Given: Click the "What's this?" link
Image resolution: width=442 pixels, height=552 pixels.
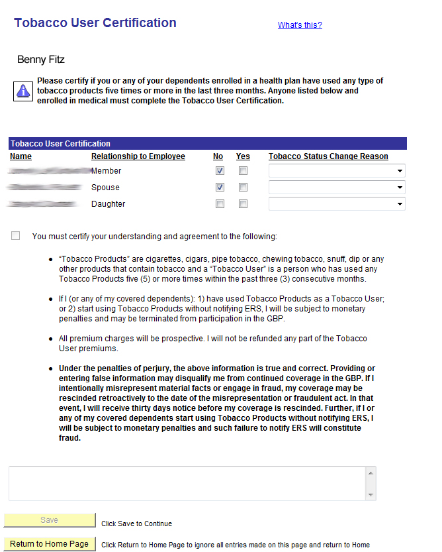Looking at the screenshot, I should (300, 25).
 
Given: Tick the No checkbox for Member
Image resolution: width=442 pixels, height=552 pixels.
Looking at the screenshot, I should (220, 171).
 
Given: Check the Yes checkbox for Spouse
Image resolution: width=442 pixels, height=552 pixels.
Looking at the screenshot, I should (243, 188).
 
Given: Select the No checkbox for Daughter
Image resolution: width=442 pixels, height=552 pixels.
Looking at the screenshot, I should (220, 204).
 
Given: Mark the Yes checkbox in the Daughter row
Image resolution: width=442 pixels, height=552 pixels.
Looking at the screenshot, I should (243, 204).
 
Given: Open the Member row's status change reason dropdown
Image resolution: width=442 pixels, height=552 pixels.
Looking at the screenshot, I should (337, 171).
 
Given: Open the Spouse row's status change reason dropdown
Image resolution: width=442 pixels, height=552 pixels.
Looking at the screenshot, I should (337, 188).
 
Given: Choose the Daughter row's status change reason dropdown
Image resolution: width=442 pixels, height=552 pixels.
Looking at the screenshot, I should (337, 204).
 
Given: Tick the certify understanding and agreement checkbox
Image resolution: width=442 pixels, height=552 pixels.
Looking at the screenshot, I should (16, 236).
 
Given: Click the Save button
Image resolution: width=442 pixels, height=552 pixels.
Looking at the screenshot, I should (50, 520).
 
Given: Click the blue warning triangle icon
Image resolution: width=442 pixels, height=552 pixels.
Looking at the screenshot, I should (23, 91).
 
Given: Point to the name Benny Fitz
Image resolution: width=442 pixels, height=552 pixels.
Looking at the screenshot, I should (41, 60).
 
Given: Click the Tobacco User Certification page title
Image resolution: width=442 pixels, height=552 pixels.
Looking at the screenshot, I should (95, 23).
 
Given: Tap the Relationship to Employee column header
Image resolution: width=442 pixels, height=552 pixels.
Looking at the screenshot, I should (138, 156).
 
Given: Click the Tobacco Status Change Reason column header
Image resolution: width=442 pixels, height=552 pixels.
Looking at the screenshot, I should (328, 156).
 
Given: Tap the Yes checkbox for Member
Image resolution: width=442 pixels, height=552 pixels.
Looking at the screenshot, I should (243, 171).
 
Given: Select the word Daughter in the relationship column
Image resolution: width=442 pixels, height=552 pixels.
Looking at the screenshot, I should (108, 204).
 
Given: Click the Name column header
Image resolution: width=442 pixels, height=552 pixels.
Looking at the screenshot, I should (21, 156).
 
